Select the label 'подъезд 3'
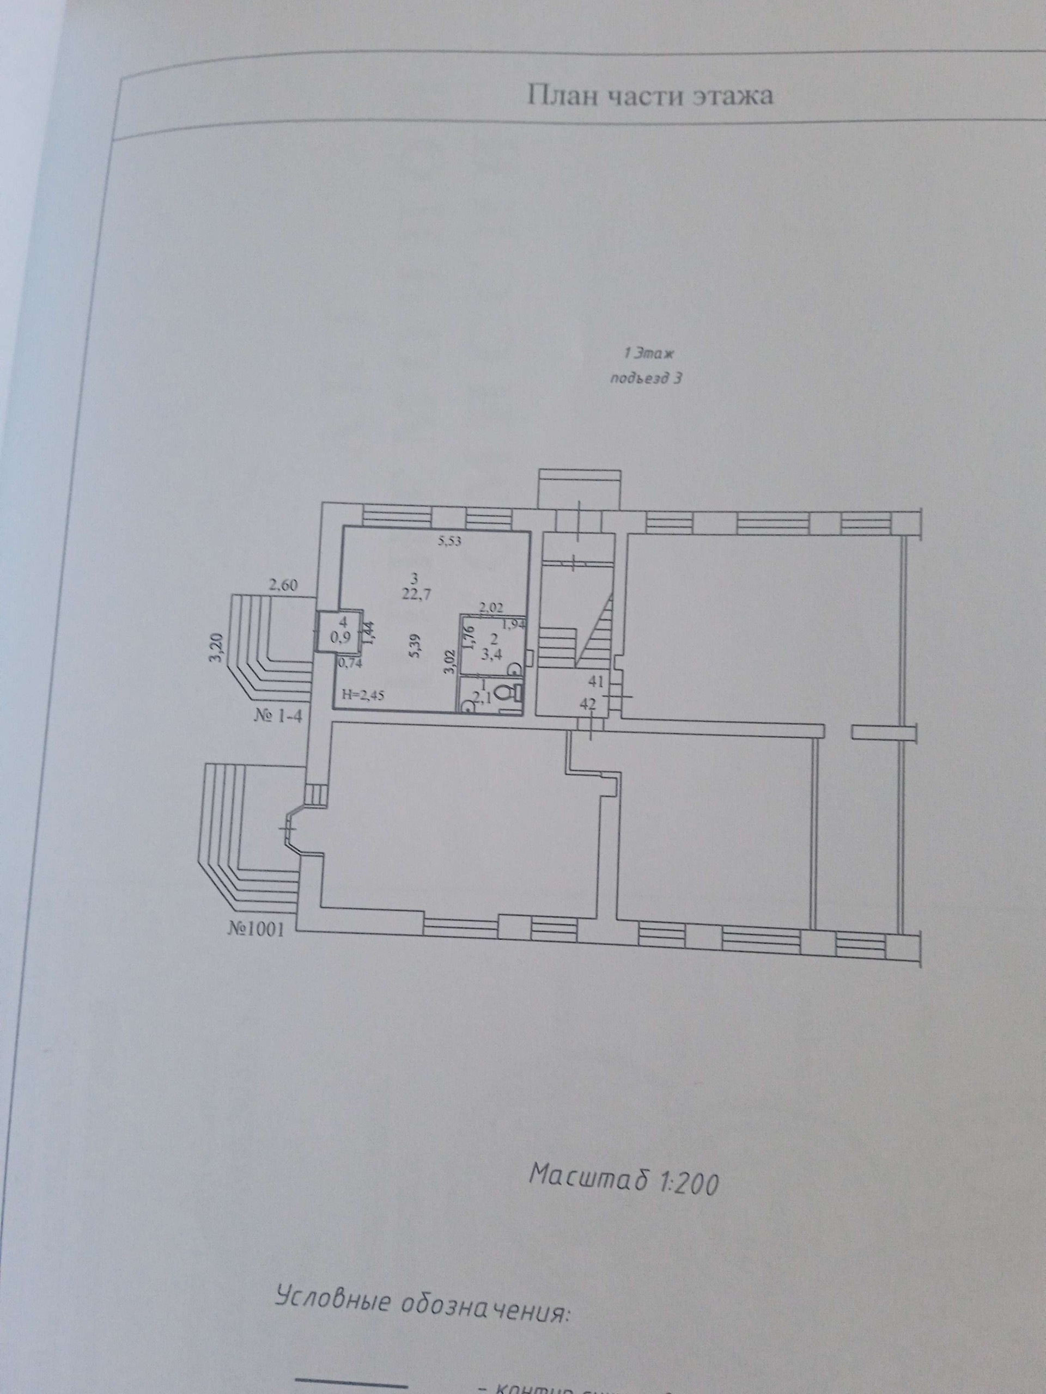[646, 379]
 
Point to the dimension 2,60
[284, 585]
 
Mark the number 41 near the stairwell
[597, 681]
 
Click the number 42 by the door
[588, 704]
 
